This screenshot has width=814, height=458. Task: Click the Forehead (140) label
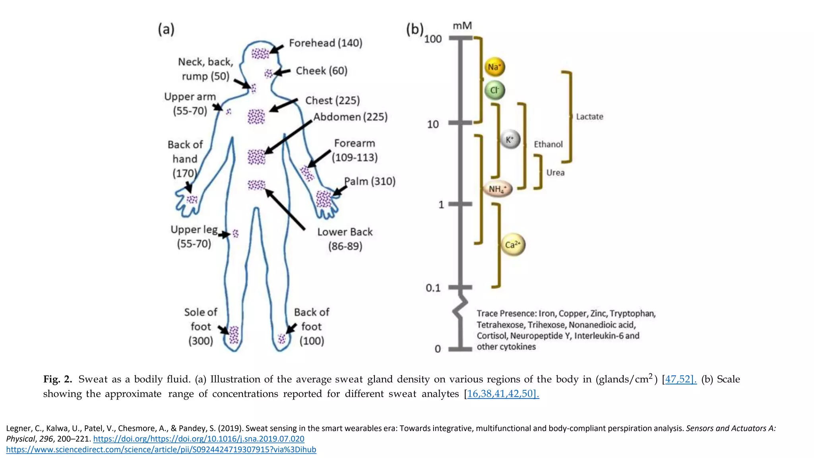(x=326, y=43)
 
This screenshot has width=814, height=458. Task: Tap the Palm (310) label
(x=370, y=181)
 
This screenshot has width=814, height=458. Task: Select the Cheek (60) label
(x=322, y=71)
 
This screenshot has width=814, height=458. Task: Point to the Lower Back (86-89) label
(x=345, y=239)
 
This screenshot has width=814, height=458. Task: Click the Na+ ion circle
(x=494, y=67)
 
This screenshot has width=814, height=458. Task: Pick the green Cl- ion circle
(x=494, y=90)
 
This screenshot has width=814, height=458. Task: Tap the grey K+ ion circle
(x=510, y=140)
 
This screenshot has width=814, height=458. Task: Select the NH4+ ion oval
(x=498, y=189)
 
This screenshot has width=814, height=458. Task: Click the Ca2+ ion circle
(x=513, y=245)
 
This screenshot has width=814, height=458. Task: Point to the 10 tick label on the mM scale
(x=433, y=124)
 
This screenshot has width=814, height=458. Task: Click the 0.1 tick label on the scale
(x=433, y=288)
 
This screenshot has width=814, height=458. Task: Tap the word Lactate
(x=589, y=117)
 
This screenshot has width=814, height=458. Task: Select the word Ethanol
(x=548, y=144)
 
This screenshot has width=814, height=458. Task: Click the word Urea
(x=555, y=173)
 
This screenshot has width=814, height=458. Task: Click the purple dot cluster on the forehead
(x=260, y=54)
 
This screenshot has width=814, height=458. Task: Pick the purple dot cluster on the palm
(x=324, y=199)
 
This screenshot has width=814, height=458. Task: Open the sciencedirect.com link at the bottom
(x=161, y=450)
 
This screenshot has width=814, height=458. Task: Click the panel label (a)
(x=166, y=29)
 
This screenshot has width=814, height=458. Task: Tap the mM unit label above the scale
(x=462, y=26)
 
